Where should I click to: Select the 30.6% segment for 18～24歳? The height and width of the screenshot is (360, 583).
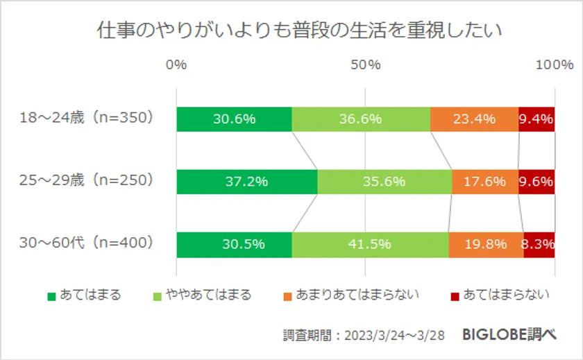(x=235, y=119)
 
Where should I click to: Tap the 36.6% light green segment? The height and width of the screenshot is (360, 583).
(x=361, y=119)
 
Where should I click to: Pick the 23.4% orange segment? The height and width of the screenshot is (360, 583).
(x=474, y=119)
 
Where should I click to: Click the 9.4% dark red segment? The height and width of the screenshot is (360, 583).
(x=536, y=119)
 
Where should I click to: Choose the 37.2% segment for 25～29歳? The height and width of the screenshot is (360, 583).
(x=247, y=182)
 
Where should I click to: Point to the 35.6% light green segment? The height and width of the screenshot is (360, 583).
(x=385, y=182)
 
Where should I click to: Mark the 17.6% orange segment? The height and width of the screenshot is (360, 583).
(x=484, y=182)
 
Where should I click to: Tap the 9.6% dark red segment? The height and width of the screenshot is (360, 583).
(x=536, y=182)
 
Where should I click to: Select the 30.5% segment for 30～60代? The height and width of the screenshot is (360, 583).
(x=235, y=244)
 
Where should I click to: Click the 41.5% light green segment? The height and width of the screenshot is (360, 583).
(x=370, y=244)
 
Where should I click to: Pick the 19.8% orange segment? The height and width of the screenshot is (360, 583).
(x=486, y=244)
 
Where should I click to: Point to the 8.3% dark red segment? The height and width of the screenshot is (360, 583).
(x=539, y=244)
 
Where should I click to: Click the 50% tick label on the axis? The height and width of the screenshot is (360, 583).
(x=366, y=65)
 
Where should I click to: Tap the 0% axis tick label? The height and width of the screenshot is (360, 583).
(x=177, y=65)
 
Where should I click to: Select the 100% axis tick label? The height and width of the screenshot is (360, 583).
(x=555, y=65)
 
